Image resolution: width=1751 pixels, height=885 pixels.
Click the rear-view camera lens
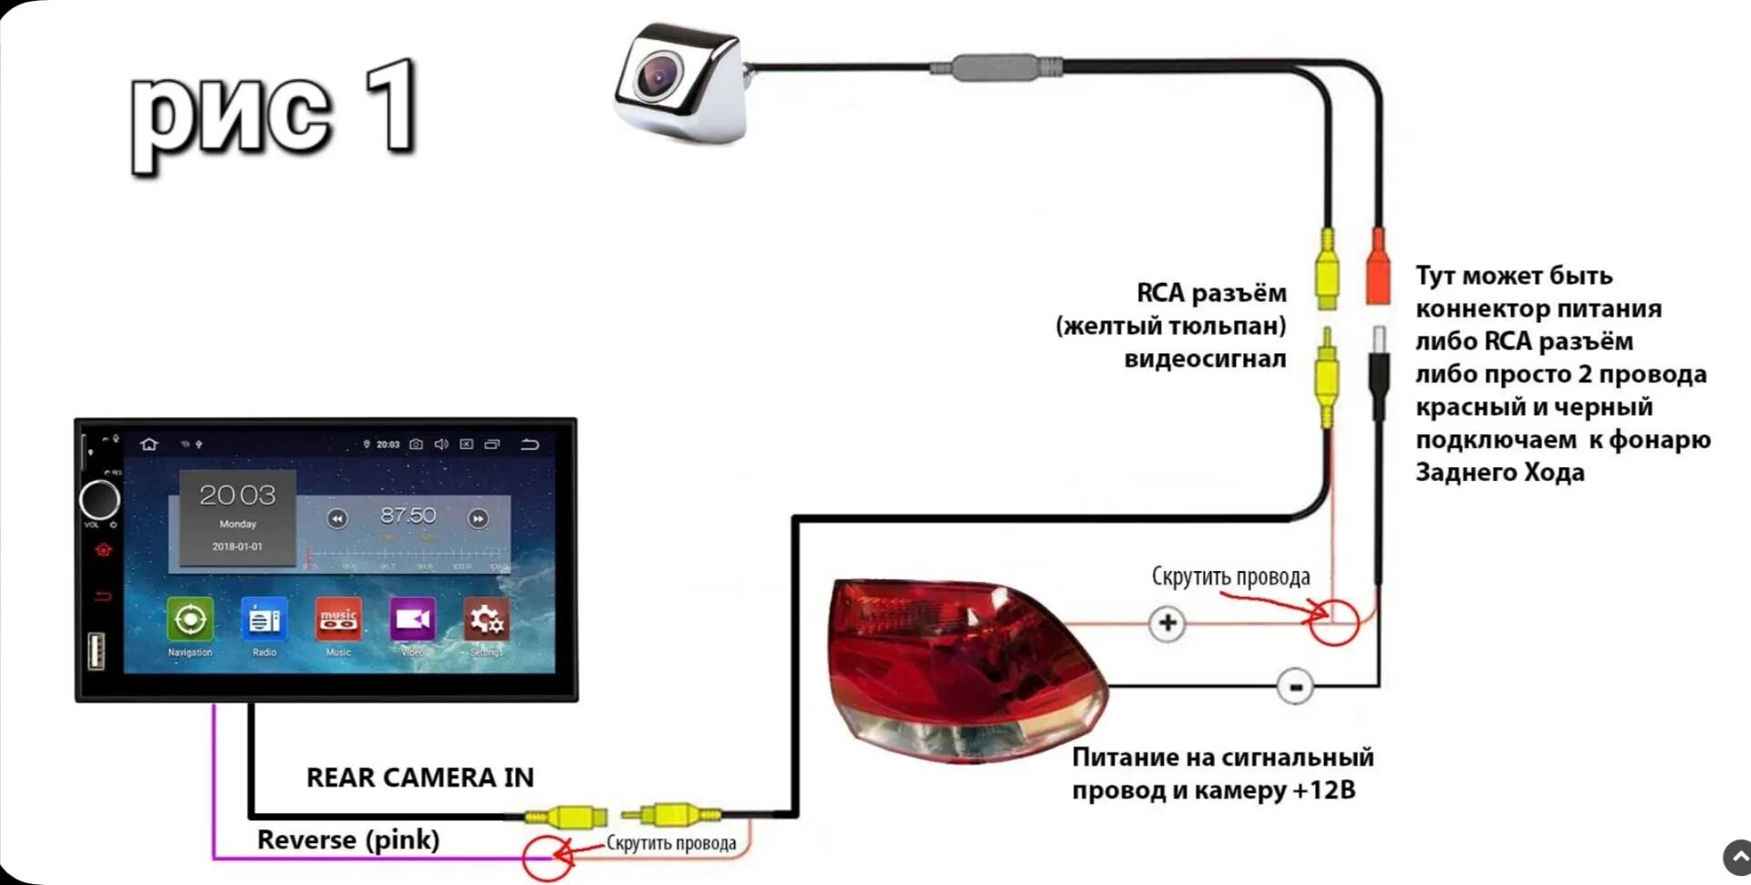click(x=658, y=75)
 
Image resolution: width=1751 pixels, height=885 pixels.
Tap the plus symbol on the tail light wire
click(x=1167, y=624)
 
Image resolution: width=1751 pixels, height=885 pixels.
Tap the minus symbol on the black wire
click(x=1295, y=686)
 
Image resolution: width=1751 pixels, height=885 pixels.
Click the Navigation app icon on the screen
click(x=190, y=619)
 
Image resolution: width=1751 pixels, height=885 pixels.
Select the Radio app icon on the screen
click(x=264, y=619)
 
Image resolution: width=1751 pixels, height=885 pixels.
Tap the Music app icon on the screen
click(x=338, y=619)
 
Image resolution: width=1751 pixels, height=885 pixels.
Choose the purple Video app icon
click(x=412, y=619)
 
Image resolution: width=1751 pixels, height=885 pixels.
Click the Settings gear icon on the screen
click(x=486, y=619)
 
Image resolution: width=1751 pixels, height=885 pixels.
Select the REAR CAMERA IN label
click(x=420, y=777)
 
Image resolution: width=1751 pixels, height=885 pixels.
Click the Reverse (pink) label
click(x=348, y=839)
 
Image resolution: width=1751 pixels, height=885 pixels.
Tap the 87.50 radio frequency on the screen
click(x=408, y=515)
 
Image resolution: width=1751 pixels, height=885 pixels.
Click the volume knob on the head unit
click(x=99, y=500)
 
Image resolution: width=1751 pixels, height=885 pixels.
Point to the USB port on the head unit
click(x=95, y=651)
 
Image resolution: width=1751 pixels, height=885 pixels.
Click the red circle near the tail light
click(x=1333, y=621)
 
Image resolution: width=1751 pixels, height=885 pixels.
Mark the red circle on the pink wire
click(x=547, y=858)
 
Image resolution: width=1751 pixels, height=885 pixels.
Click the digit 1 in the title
click(x=391, y=107)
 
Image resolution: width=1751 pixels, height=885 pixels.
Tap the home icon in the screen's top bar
click(x=150, y=444)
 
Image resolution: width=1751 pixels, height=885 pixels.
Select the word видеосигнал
click(x=1205, y=359)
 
